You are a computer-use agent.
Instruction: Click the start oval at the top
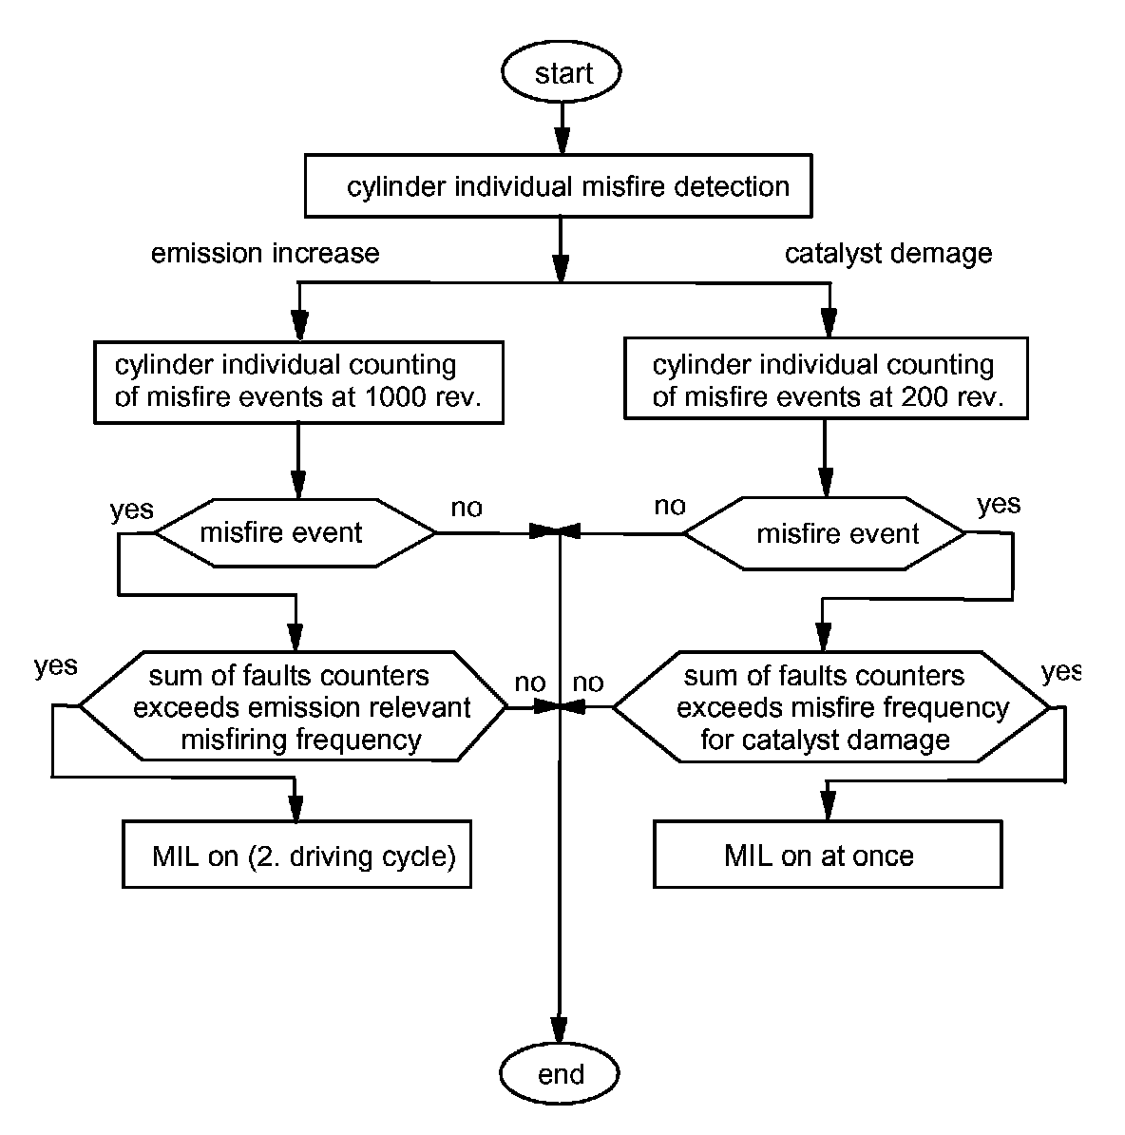click(562, 73)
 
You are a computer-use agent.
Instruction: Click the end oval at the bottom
click(561, 1074)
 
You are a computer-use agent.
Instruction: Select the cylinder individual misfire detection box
click(559, 187)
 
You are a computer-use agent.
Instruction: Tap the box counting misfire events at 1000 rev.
click(298, 381)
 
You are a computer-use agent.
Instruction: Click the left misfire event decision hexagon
click(295, 532)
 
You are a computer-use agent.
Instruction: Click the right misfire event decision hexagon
click(825, 533)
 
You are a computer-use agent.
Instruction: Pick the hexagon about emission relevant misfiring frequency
click(293, 707)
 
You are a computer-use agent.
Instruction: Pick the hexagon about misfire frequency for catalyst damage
click(830, 707)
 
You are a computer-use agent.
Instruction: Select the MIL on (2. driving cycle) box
click(296, 856)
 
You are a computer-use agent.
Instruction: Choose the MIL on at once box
click(828, 856)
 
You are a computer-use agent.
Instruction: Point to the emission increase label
click(265, 253)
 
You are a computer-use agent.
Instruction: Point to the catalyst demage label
click(888, 254)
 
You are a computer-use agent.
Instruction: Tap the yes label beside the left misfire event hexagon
click(131, 510)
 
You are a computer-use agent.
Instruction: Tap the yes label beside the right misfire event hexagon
click(999, 504)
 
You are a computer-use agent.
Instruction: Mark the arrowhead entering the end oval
click(561, 1034)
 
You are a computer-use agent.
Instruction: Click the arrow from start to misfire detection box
click(562, 129)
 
